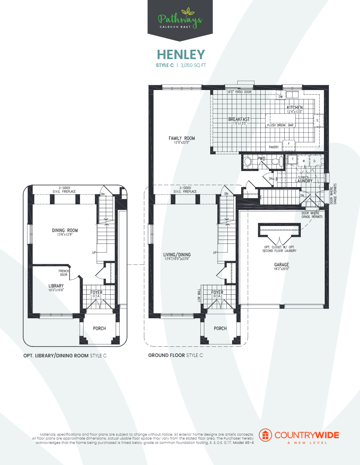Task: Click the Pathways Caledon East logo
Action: tap(180, 19)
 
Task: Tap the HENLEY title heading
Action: tap(181, 54)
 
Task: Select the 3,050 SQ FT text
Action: tap(193, 66)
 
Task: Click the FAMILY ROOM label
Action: tap(182, 138)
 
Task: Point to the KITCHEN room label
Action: tap(295, 107)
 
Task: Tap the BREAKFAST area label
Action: tap(239, 119)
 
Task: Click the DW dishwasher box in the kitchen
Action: tap(280, 96)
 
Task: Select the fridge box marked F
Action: tap(289, 144)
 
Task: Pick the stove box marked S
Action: tap(317, 121)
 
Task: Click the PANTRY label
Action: tap(274, 147)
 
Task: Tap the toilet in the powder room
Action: tap(248, 161)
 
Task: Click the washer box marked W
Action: tap(304, 160)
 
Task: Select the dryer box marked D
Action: tap(315, 160)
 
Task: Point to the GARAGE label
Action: tap(282, 265)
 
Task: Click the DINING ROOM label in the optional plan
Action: tap(65, 230)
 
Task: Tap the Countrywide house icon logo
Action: tap(266, 435)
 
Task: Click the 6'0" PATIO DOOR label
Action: tap(240, 92)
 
